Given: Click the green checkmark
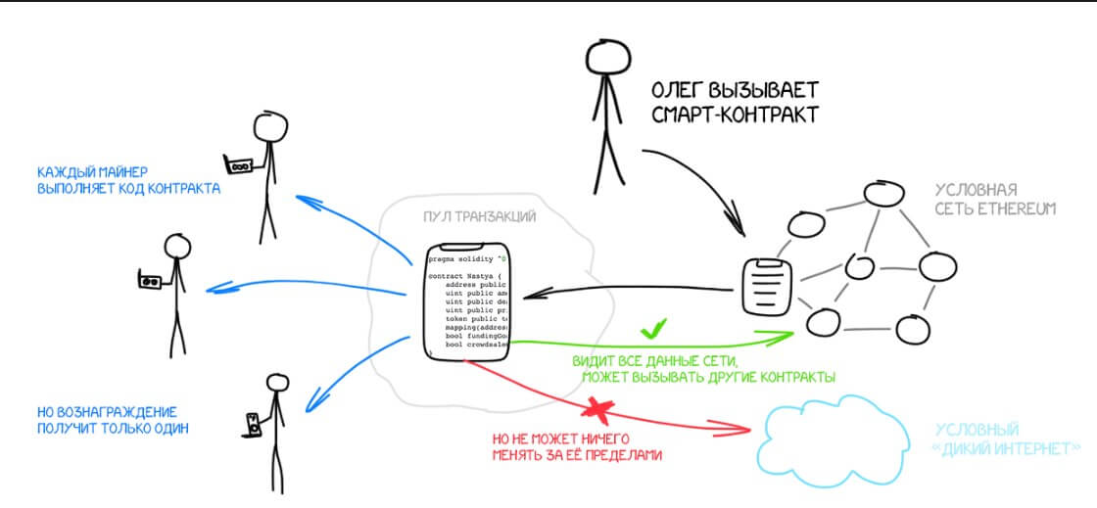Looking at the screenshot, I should (653, 328).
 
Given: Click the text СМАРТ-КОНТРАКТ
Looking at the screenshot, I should (734, 115).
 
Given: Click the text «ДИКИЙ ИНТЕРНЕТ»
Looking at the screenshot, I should (1008, 448).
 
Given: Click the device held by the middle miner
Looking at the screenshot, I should (151, 282).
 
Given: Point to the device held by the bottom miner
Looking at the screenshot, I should (255, 423).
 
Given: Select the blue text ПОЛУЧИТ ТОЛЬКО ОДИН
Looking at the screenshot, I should (113, 429).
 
